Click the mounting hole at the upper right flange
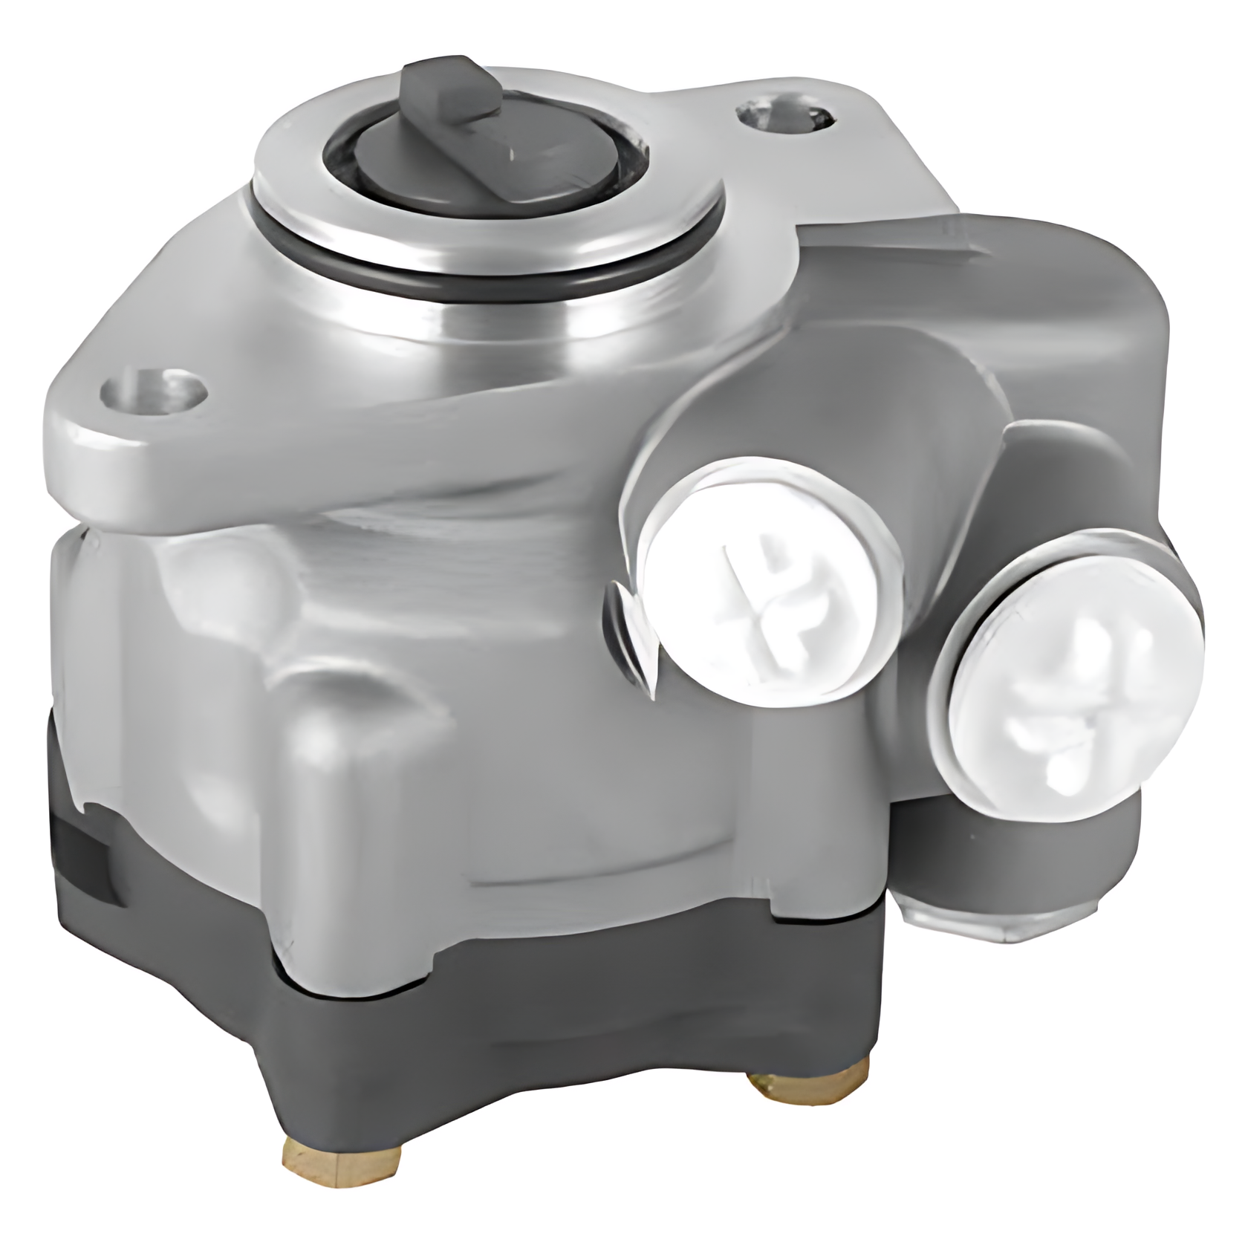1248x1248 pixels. coord(784,117)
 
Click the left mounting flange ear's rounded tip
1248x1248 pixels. coord(67,416)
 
